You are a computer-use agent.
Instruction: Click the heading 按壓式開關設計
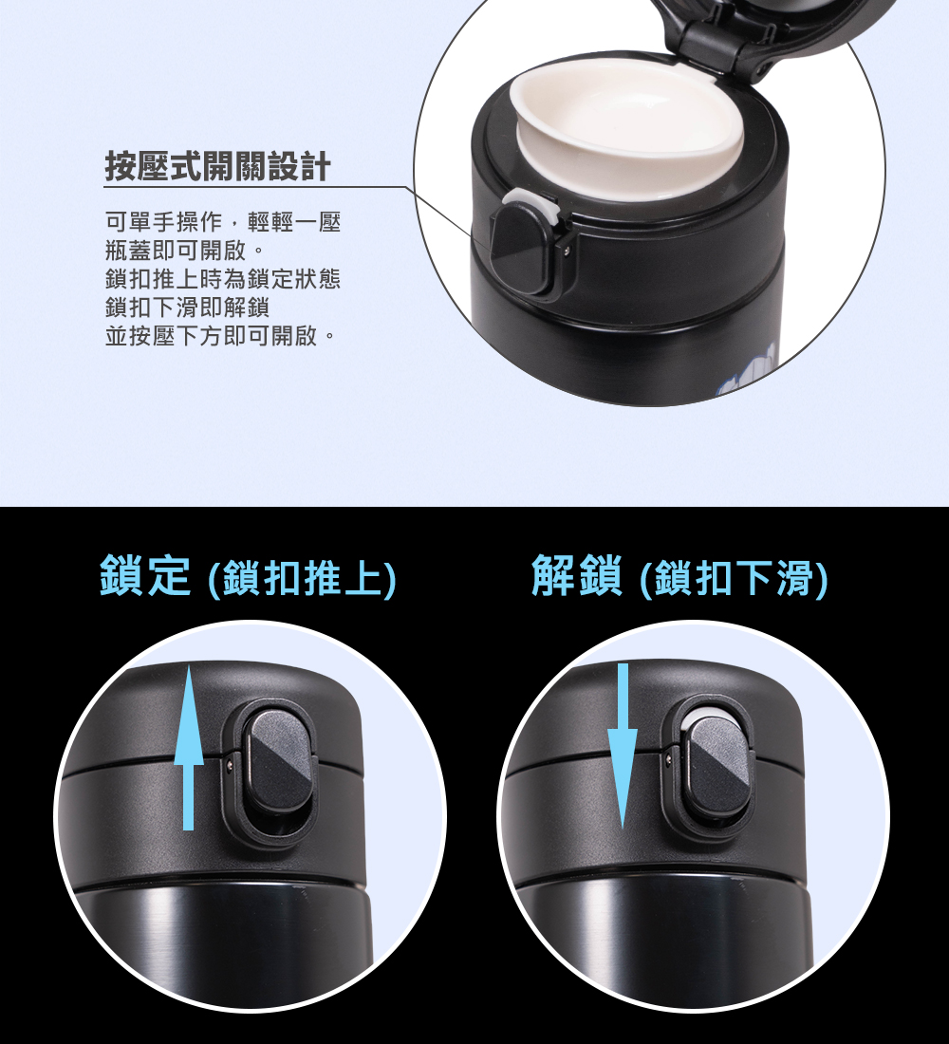[217, 166]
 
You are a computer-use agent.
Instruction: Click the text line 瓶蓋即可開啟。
[185, 251]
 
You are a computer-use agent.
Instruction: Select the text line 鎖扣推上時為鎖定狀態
[223, 279]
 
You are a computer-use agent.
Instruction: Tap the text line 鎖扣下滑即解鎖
[187, 308]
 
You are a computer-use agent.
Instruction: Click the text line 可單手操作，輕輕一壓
[223, 222]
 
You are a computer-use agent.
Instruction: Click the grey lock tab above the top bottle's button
[530, 202]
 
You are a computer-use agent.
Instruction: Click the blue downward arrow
[623, 746]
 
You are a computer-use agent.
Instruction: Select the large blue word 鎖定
[145, 575]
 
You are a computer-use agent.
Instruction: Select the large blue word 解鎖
[577, 575]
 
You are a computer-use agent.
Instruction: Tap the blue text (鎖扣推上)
[303, 579]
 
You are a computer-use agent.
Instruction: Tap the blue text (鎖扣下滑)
[734, 579]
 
